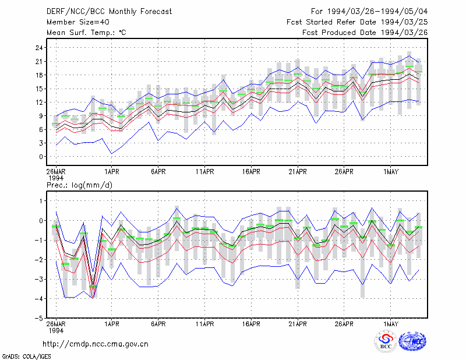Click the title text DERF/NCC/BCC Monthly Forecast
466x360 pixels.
pos(109,12)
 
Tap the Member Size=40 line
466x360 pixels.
pos(78,22)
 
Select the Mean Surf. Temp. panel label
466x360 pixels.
pos(86,33)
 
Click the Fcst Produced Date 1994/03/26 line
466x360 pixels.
pos(365,33)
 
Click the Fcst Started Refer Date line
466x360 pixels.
pos(357,22)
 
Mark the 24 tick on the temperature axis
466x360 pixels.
pos(39,48)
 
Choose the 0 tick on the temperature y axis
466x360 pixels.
pos(41,157)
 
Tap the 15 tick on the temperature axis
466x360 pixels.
pos(39,89)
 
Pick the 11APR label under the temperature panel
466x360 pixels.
pos(205,172)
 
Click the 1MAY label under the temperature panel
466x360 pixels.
pos(390,172)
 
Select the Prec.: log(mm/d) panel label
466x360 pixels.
pos(79,185)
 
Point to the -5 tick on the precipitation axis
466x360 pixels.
pos(38,318)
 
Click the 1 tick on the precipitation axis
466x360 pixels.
pos(41,201)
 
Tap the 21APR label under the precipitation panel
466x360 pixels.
pos(298,324)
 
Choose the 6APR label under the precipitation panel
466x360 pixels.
pos(158,324)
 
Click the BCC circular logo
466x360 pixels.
pos(386,342)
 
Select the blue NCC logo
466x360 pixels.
pos(412,342)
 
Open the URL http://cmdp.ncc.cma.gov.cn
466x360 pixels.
pos(96,344)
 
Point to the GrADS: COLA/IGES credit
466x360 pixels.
pos(26,357)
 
